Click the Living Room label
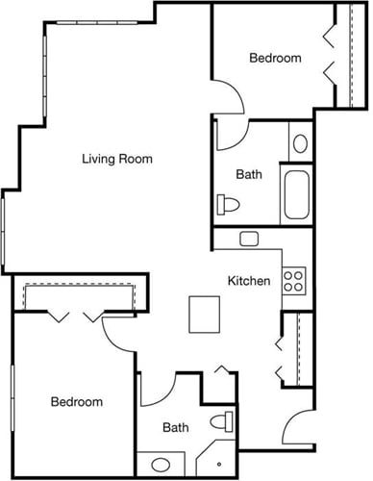click(117, 159)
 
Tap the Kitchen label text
click(248, 281)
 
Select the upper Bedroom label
click(275, 58)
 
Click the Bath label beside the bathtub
click(249, 175)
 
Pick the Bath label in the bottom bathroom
click(175, 427)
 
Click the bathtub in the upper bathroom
click(295, 195)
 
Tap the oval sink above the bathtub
click(299, 144)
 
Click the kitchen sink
click(249, 238)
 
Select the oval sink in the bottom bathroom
click(160, 466)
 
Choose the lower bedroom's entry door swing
click(120, 332)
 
